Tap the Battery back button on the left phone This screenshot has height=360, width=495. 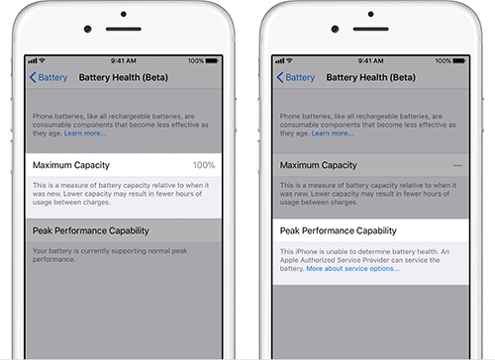tap(49, 76)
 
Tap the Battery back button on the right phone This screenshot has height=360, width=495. tap(295, 76)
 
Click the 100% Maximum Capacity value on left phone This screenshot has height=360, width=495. tap(204, 164)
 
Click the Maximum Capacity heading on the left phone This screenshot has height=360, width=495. tap(70, 164)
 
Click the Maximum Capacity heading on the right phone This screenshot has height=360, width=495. tap(318, 164)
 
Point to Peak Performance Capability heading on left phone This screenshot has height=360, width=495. tap(90, 230)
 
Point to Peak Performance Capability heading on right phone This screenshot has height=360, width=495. tap(338, 230)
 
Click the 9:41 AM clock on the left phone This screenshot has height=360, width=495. tap(124, 59)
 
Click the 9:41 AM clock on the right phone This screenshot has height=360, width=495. tap(370, 59)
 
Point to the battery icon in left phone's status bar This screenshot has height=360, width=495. tap(209, 59)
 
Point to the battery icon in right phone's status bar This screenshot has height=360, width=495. tap(455, 59)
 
